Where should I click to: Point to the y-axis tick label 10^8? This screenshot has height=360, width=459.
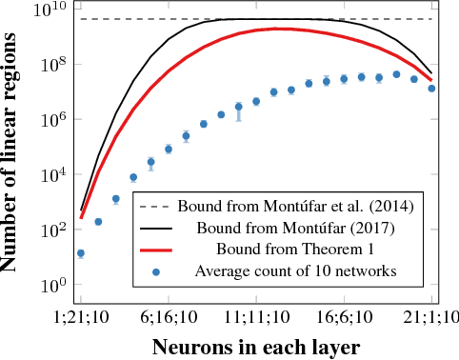[48, 66]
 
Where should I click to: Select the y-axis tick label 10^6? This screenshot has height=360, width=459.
[48, 121]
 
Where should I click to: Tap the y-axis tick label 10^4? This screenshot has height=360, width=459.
[48, 176]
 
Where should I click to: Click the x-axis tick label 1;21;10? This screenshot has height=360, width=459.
[81, 318]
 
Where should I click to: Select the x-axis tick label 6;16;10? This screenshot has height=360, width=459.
[169, 318]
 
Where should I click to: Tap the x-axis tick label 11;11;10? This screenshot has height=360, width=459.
[256, 318]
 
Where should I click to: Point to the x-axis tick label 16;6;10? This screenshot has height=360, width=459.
[344, 318]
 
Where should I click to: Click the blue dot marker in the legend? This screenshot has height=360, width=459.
[155, 271]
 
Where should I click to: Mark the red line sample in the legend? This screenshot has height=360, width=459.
[155, 250]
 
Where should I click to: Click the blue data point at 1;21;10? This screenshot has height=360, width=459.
[81, 253]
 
